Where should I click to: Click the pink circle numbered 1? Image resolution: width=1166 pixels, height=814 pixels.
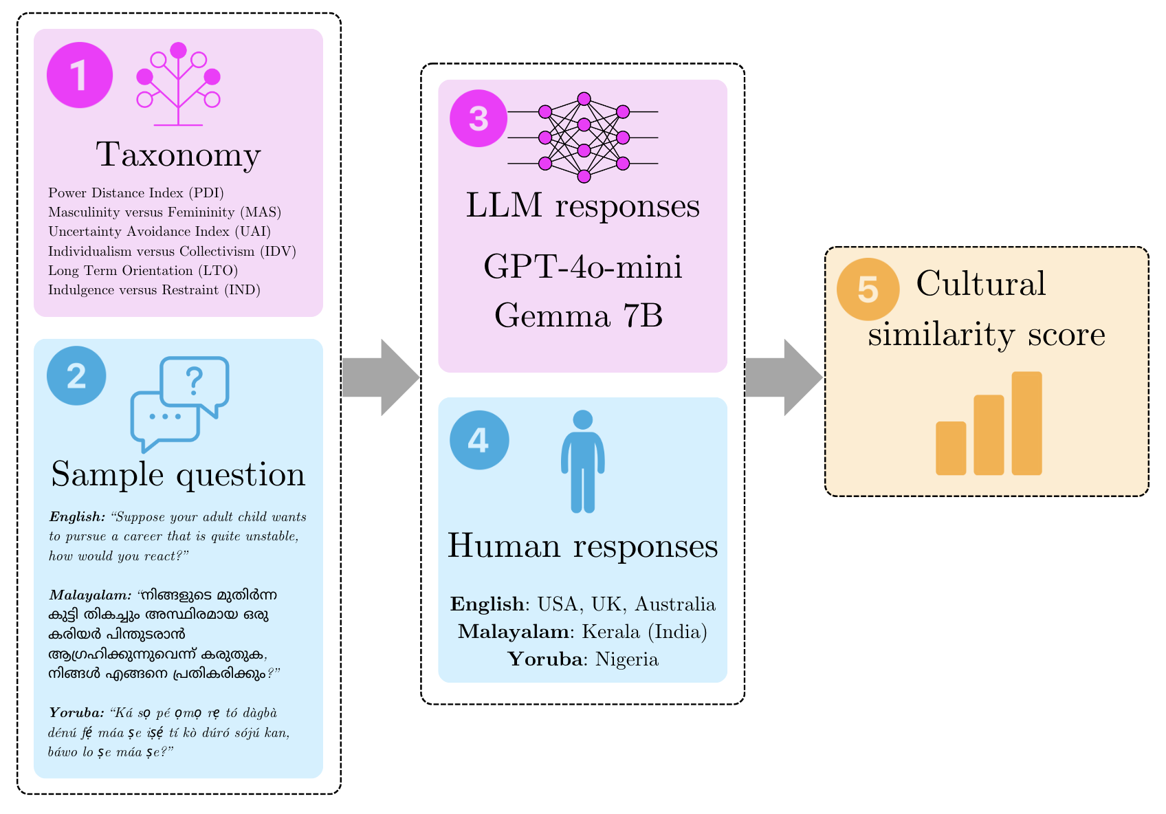coord(80,75)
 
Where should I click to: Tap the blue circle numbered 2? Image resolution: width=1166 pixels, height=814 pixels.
coord(76,376)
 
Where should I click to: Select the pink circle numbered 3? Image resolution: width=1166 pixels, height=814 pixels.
coord(478,118)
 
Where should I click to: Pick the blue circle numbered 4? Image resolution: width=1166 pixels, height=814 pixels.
coord(479,440)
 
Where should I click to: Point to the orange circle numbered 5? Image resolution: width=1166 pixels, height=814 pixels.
coord(868,289)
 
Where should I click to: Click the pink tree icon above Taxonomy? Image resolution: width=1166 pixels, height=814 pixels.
coord(179,84)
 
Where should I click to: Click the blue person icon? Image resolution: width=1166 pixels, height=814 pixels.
coord(583,461)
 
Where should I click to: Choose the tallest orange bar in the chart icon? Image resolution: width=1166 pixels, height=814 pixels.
coord(1027,423)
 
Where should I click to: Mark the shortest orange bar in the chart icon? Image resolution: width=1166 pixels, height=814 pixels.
coord(951,448)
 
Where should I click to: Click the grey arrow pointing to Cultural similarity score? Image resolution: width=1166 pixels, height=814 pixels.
coord(784,377)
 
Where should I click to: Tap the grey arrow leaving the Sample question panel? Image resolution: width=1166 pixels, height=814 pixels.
coord(381,377)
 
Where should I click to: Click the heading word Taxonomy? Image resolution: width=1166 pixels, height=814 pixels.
coord(178,155)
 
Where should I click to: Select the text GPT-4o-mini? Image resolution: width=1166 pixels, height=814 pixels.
coord(583,267)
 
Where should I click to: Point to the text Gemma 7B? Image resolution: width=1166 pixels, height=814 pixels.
coord(579,316)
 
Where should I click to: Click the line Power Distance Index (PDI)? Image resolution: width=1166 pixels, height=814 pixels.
coord(136,193)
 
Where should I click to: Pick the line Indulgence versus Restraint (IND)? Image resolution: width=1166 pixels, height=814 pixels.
coord(154,290)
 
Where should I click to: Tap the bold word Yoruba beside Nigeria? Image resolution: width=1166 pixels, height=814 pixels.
coord(545,659)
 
